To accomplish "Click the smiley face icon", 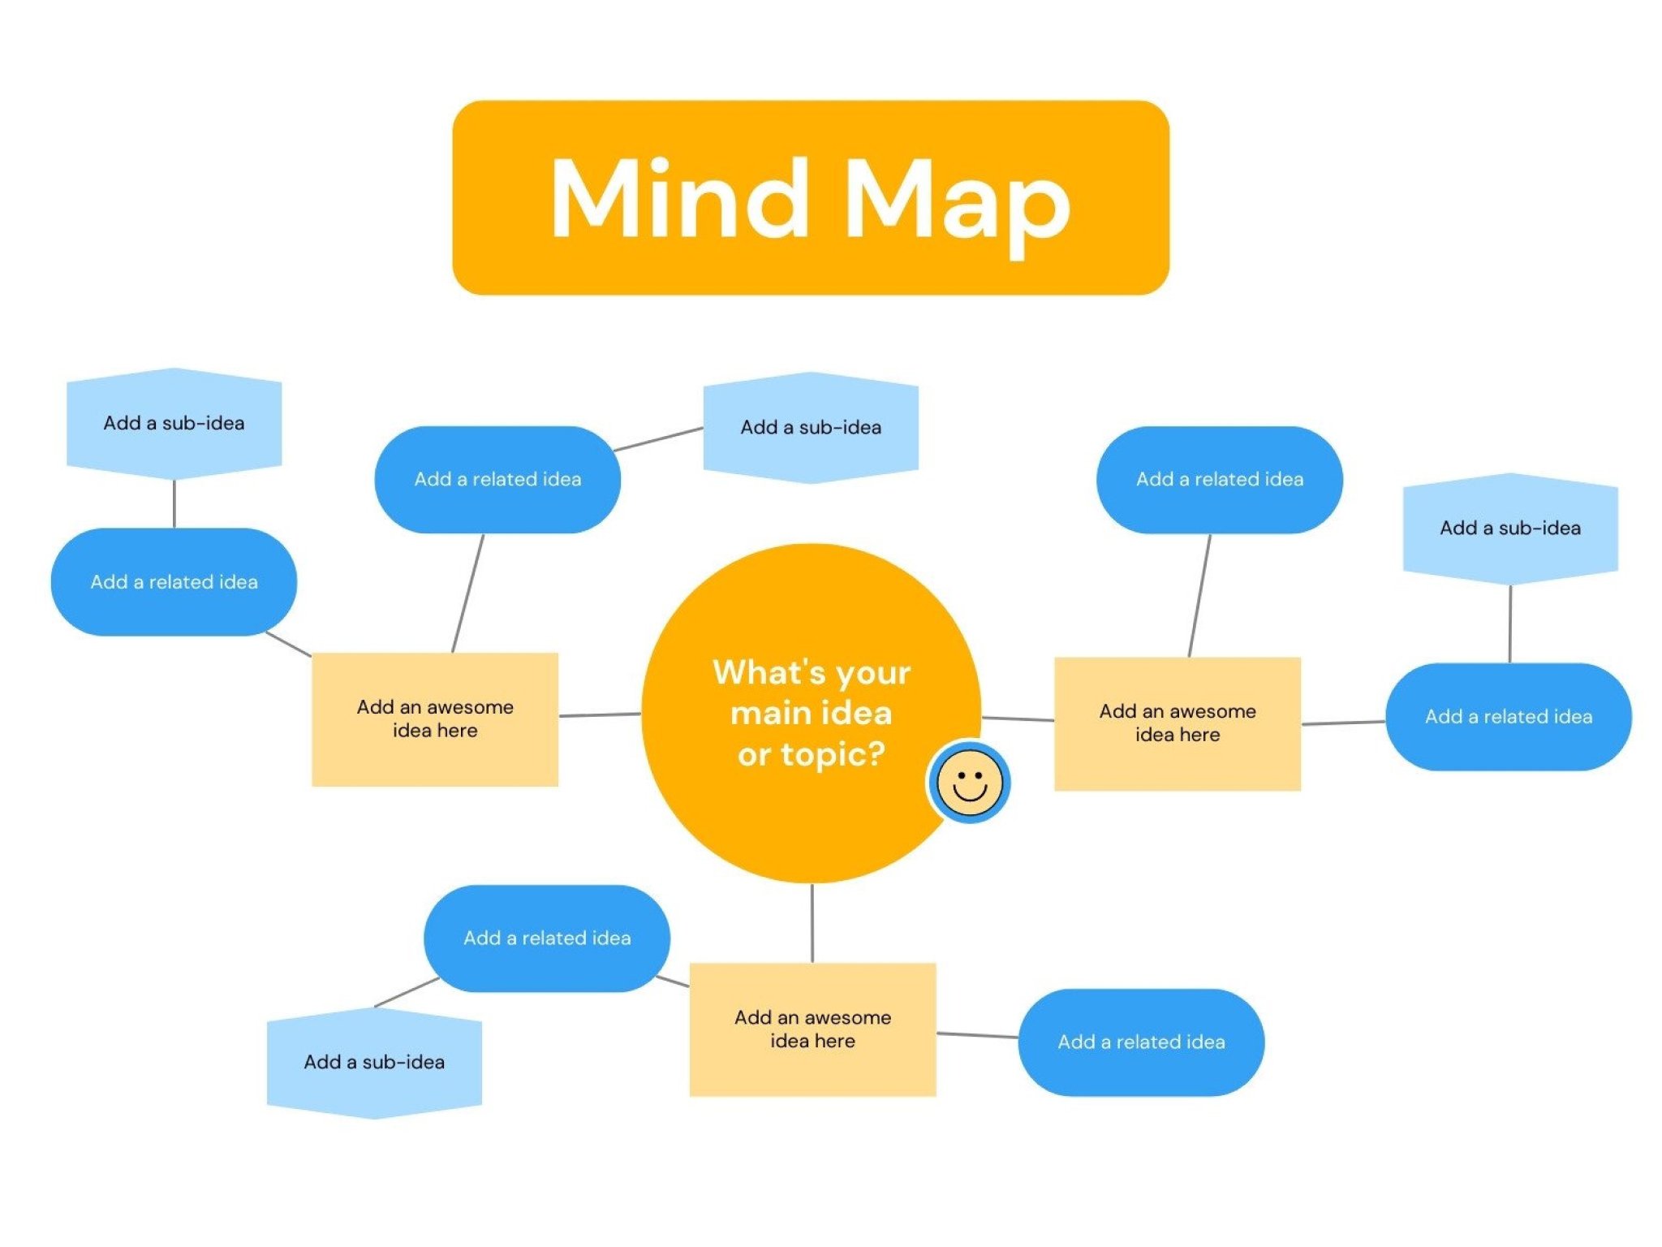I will [x=969, y=782].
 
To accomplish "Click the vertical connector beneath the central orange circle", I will [x=812, y=923].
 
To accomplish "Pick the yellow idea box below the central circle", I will [x=812, y=1029].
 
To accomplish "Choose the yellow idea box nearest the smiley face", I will [x=1177, y=723].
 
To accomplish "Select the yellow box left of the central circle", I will [x=435, y=718].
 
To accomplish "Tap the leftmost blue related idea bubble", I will [x=174, y=582].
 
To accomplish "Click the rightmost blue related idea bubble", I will [x=1508, y=717].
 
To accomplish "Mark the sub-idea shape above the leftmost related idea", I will [x=174, y=423].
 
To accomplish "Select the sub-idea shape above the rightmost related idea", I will [x=1509, y=529].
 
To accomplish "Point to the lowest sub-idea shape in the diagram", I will [x=374, y=1062].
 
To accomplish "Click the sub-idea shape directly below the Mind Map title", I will [x=810, y=428].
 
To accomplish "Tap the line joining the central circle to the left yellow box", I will [x=600, y=715].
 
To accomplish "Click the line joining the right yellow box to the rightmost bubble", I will [x=1343, y=723].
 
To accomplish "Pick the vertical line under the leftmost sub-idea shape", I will [x=174, y=503].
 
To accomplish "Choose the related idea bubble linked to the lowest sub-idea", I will [x=547, y=938].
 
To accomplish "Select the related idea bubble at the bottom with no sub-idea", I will [x=1141, y=1042].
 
